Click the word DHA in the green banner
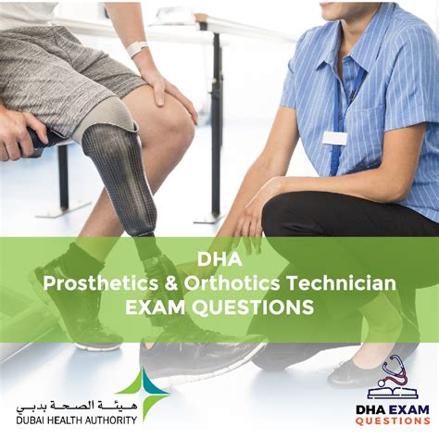pos(219,259)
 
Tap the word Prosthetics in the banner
pos(101,283)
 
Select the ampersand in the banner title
pos(171,283)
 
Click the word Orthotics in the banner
pos(232,283)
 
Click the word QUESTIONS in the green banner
pos(255,307)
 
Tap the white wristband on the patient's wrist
pos(137,48)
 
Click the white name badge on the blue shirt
pos(334,138)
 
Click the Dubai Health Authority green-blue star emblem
pos(145,394)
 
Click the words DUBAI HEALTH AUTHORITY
pos(77,420)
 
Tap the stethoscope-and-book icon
pos(393,377)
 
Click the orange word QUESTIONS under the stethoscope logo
pos(393,420)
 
